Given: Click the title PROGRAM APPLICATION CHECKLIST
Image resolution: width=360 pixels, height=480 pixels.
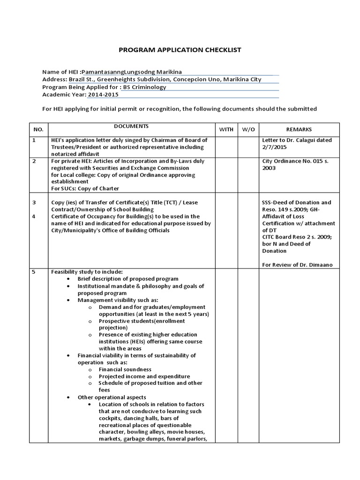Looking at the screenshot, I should [180, 50].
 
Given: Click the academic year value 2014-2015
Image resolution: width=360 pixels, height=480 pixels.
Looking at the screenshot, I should [103, 94].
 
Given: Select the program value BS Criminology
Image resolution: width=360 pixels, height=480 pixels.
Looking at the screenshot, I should [145, 87].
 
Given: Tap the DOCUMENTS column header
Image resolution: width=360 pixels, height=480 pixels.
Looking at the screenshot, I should [131, 127].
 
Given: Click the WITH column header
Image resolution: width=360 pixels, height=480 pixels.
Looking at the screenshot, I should [226, 129].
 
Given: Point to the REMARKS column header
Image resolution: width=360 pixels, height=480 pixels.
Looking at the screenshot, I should [299, 129].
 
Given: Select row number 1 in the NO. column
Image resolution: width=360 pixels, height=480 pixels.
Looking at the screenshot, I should [34, 140].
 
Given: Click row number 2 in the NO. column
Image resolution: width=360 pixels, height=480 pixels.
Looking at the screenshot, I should [34, 161].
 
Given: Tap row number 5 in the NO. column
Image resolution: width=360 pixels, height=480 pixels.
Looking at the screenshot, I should [34, 272].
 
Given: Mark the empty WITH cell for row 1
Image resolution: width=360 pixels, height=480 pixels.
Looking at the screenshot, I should [226, 146].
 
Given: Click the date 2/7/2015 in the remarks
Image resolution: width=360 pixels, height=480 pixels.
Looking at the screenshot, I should [273, 147].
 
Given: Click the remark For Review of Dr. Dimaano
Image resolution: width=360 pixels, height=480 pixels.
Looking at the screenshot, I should [297, 265].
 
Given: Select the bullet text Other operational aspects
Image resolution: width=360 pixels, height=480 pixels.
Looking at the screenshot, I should [112, 397].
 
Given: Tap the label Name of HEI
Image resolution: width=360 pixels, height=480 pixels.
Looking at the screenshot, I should [60, 72].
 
